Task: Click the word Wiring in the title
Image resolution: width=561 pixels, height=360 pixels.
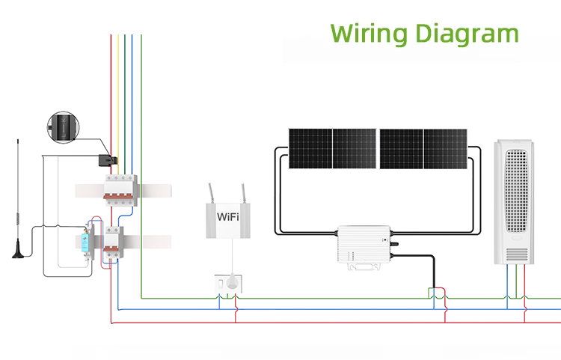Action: click(x=370, y=34)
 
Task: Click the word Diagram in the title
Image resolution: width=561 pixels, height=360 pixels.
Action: click(x=467, y=34)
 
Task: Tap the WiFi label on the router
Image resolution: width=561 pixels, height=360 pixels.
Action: click(x=228, y=216)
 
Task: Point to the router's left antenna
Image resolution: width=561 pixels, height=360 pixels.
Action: click(x=211, y=193)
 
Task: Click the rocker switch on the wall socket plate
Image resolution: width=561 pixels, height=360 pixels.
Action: click(x=221, y=284)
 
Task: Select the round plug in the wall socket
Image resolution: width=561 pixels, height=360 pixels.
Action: click(x=232, y=281)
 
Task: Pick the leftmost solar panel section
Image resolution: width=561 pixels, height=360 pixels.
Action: click(x=310, y=148)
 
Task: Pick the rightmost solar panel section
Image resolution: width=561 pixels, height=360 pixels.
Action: click(x=446, y=149)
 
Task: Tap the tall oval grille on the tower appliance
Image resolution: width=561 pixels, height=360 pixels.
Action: click(x=516, y=191)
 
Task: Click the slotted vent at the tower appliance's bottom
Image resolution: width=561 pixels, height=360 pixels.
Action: click(x=516, y=254)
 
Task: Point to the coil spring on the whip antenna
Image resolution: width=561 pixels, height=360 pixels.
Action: click(x=18, y=219)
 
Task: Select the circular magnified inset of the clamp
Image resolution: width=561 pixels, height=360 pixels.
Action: click(x=64, y=127)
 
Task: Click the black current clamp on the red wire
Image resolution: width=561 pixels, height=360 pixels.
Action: click(x=108, y=160)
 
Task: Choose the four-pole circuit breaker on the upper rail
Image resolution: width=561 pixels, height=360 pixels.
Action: click(x=121, y=190)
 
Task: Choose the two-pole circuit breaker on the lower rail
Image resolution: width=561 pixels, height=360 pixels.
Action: click(x=114, y=242)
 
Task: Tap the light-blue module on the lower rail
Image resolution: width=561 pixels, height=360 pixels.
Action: click(x=85, y=242)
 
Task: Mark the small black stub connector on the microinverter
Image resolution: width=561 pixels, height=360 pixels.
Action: click(x=394, y=244)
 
